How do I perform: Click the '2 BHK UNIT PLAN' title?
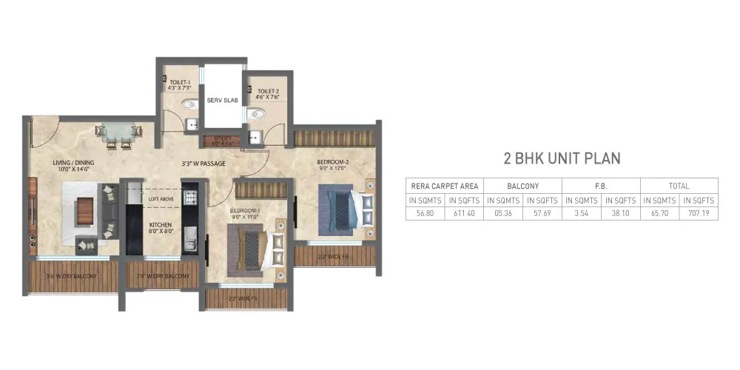pos(560,158)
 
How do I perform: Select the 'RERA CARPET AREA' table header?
pos(444,186)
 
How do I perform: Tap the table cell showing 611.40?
pos(463,213)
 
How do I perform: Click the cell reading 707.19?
pos(698,213)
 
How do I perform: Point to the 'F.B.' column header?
pos(601,186)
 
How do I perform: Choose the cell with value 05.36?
pos(502,213)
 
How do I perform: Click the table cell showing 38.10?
pos(620,213)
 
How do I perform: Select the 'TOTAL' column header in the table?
pos(679,186)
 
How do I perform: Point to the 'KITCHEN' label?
pos(161,225)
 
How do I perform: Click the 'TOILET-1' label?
pos(180,83)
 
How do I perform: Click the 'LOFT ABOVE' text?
pos(161,198)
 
